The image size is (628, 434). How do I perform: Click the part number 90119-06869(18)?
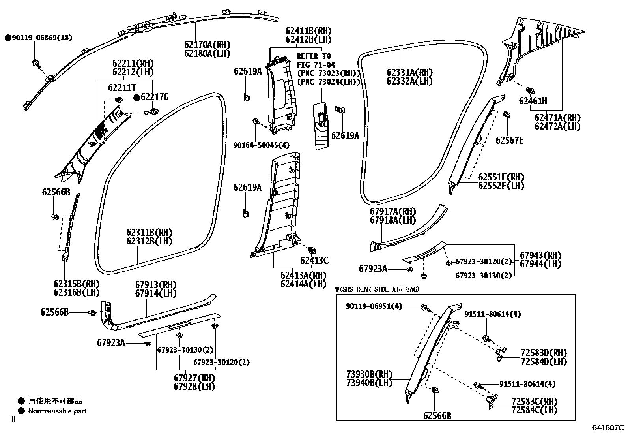pyautogui.click(x=42, y=38)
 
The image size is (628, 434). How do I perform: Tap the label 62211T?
pyautogui.click(x=122, y=87)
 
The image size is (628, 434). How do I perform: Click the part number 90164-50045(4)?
pyautogui.click(x=261, y=145)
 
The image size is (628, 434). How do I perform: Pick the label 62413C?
pyautogui.click(x=314, y=260)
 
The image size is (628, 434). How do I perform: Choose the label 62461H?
pyautogui.click(x=533, y=101)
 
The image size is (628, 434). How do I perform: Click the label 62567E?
pyautogui.click(x=510, y=140)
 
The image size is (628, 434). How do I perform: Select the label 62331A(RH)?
pyautogui.click(x=409, y=73)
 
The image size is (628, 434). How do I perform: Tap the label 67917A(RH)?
pyautogui.click(x=393, y=212)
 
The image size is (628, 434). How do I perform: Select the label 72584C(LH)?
pyautogui.click(x=535, y=410)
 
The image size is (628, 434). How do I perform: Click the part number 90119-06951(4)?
pyautogui.click(x=374, y=306)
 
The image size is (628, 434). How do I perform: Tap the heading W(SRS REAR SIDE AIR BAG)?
pyautogui.click(x=377, y=289)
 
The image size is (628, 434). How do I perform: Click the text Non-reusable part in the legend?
pyautogui.click(x=58, y=411)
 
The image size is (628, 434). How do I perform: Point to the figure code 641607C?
pyautogui.click(x=608, y=427)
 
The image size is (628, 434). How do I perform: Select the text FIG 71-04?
pyautogui.click(x=316, y=65)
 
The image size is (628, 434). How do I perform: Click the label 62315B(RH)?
pyautogui.click(x=77, y=284)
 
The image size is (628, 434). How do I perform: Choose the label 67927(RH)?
pyautogui.click(x=194, y=378)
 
